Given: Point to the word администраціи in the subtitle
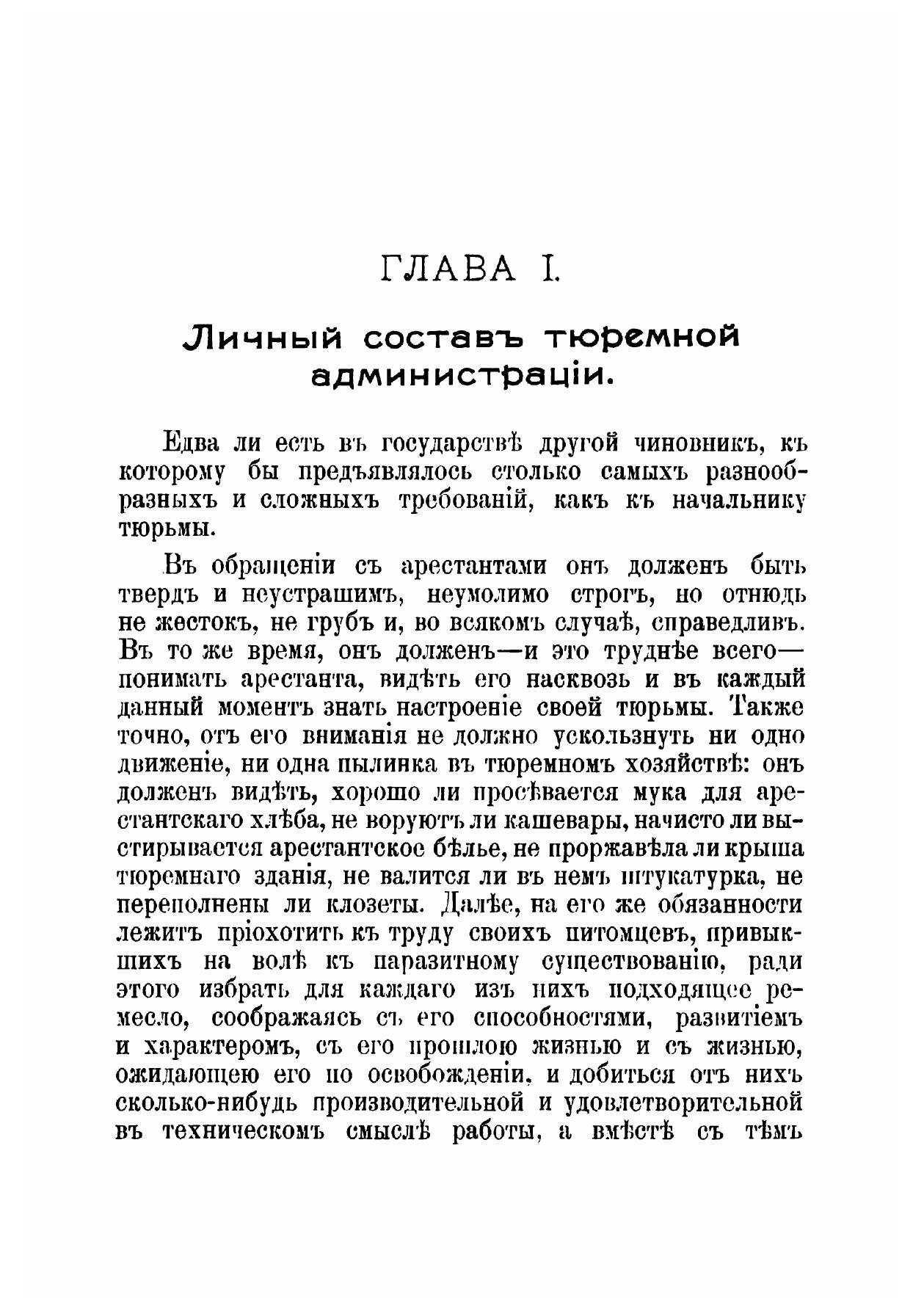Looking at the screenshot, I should coord(462,376).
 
